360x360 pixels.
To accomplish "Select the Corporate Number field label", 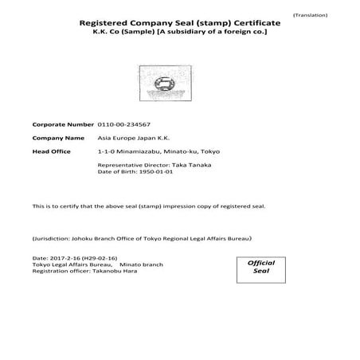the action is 62,124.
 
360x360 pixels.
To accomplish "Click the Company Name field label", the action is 57,138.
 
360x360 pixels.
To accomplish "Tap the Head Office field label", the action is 52,151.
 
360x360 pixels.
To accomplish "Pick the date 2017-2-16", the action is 62,260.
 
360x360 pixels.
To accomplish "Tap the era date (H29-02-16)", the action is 100,260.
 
